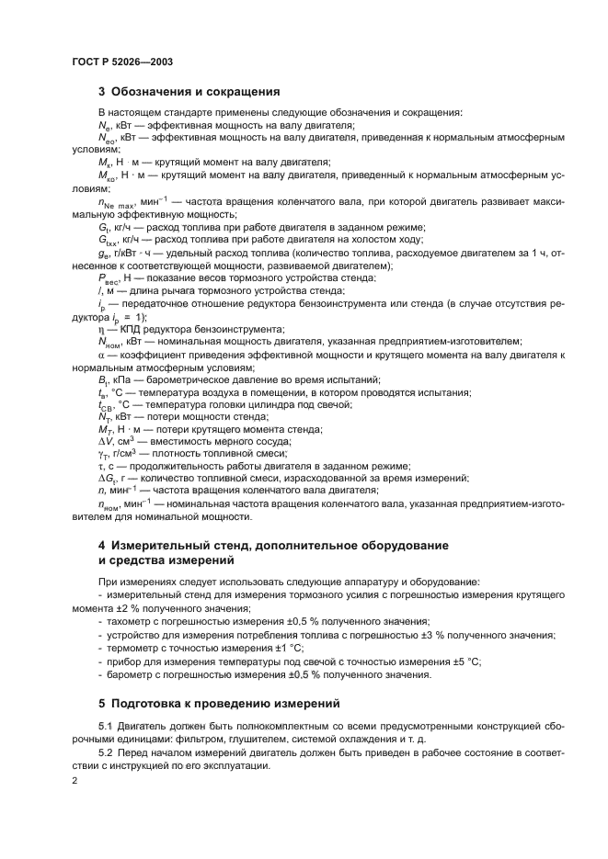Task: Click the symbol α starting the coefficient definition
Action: click(101, 355)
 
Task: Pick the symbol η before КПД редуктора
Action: click(100, 329)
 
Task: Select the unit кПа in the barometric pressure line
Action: click(120, 380)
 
